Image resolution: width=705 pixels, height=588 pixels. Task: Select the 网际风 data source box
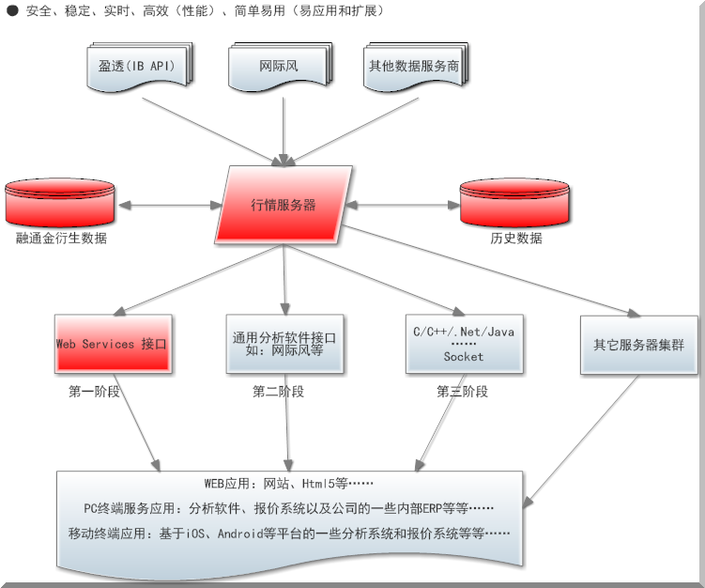[278, 67]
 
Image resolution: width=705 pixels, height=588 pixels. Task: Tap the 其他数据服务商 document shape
[418, 67]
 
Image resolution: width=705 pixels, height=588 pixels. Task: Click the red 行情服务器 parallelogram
[284, 204]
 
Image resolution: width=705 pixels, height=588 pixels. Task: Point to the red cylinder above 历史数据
[515, 201]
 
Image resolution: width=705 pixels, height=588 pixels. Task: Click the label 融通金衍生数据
[62, 239]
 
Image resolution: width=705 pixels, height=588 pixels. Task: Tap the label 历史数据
[516, 239]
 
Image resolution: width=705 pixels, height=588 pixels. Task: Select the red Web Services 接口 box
[113, 344]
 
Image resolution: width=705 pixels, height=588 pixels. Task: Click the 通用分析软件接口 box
[284, 344]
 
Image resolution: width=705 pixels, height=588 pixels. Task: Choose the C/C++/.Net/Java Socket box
[464, 344]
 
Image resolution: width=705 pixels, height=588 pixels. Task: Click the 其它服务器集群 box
[638, 345]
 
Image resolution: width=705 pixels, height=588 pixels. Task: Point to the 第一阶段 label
[94, 392]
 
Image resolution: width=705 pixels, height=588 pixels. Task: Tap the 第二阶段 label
[278, 392]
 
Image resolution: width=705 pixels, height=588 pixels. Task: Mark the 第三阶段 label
[462, 392]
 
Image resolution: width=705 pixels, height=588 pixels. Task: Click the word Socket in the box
[464, 357]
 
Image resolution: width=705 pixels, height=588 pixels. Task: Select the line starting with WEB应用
[289, 485]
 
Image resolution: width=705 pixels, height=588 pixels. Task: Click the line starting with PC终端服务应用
[289, 509]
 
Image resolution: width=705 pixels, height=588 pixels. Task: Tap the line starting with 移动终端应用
[289, 534]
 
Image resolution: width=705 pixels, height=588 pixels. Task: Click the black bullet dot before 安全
[12, 11]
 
